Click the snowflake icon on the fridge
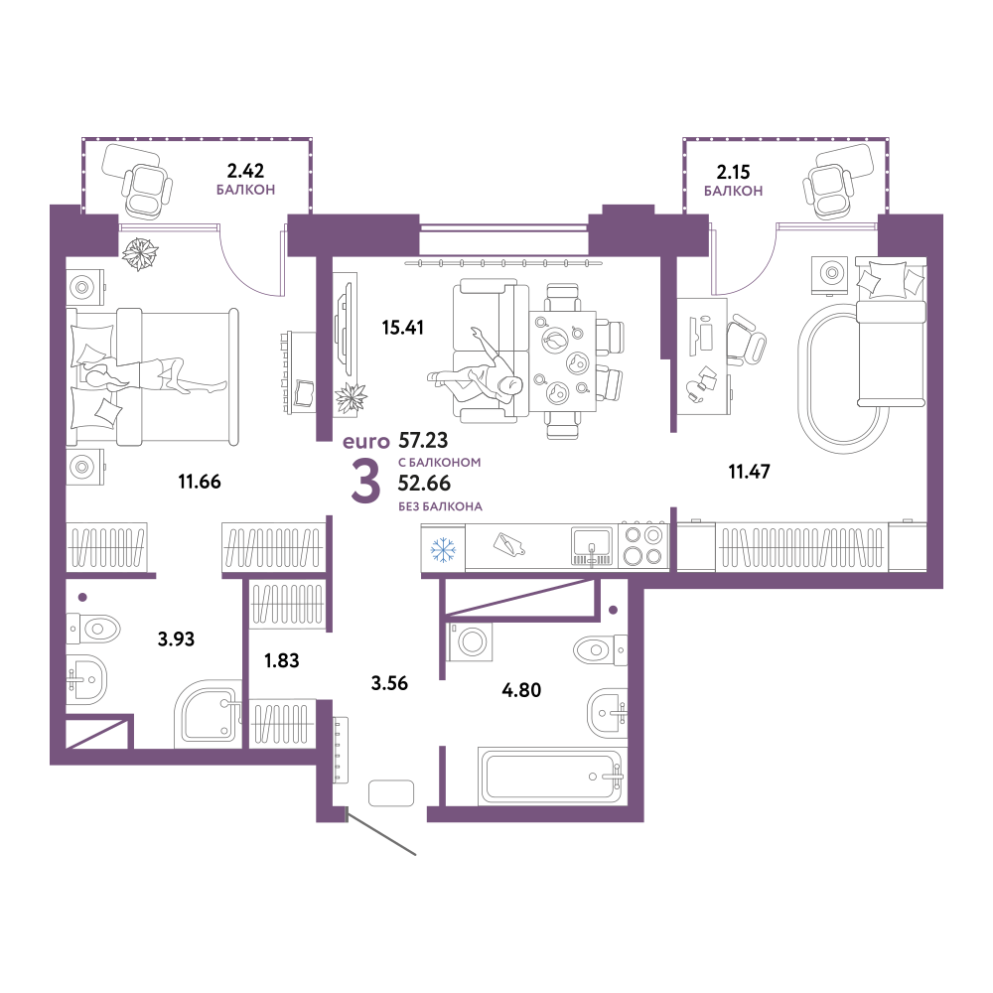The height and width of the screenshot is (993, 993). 443,549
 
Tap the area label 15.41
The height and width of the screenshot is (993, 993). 403,328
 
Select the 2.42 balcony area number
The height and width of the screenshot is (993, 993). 245,171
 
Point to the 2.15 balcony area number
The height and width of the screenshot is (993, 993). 734,172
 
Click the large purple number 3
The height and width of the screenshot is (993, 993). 366,482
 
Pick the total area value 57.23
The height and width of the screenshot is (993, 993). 423,440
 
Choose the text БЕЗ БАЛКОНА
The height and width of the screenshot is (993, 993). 440,506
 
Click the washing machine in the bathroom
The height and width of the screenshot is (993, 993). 470,641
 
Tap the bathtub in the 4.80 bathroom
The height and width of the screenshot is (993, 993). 553,776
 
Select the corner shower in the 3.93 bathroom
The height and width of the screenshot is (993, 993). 209,714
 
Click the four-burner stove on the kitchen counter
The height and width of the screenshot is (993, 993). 642,545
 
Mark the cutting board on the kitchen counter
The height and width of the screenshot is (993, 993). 508,544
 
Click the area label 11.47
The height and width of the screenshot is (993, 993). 749,472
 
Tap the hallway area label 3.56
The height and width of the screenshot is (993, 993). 389,683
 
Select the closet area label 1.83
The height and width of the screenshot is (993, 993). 282,660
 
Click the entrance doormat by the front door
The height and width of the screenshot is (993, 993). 391,792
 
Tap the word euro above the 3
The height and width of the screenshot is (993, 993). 366,442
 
